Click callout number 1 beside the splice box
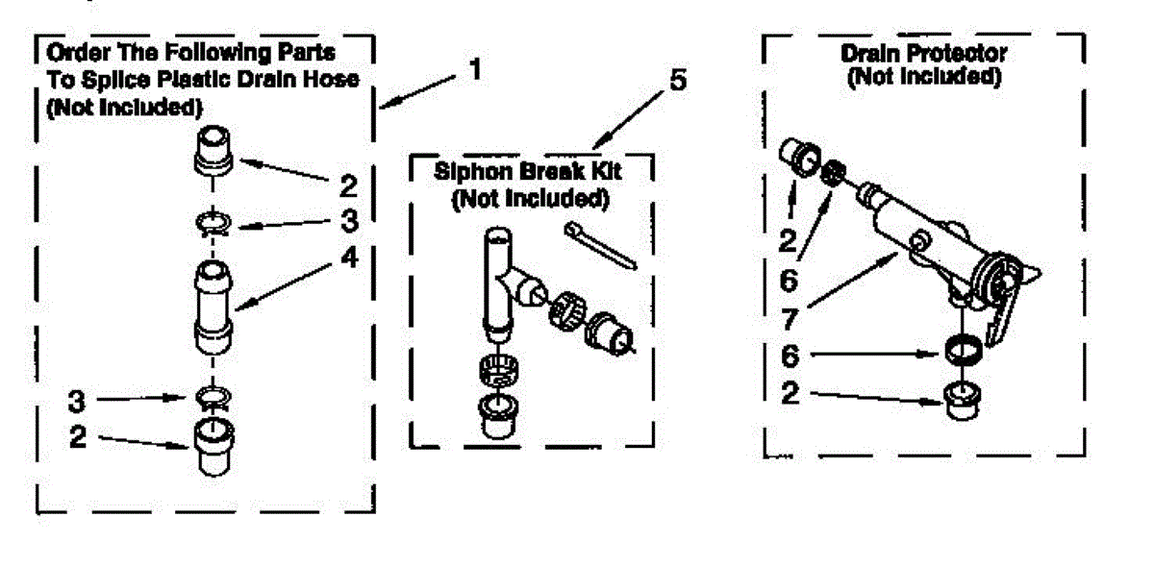click(x=475, y=69)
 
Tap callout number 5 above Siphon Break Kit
click(x=678, y=80)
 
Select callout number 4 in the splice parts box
click(x=350, y=257)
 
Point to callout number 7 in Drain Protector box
click(x=790, y=319)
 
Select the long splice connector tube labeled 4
click(x=213, y=308)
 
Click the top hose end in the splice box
click(x=213, y=150)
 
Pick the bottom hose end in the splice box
click(x=213, y=447)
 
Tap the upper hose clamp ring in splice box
click(x=213, y=224)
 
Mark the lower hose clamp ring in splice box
click(x=213, y=397)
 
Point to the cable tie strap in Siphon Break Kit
click(x=601, y=246)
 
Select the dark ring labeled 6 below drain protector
click(x=964, y=350)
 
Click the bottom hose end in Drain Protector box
click(x=963, y=401)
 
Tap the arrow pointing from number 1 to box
click(x=417, y=92)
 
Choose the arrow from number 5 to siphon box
click(x=628, y=120)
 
